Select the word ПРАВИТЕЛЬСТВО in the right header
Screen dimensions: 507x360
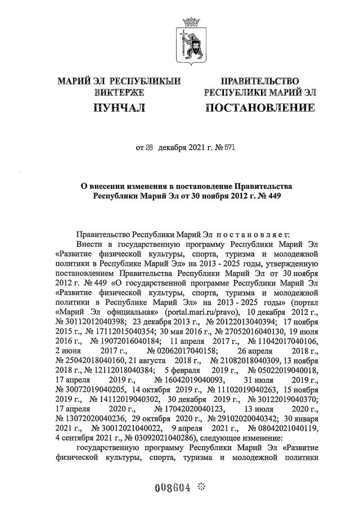[x=259, y=82]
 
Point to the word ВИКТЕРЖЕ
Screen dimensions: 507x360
[x=119, y=92]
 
